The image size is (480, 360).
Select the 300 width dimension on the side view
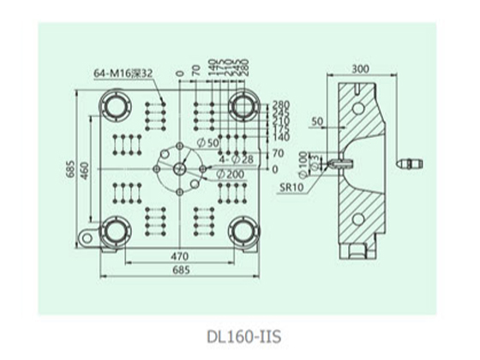tap(361, 67)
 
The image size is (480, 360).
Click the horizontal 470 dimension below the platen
tap(178, 256)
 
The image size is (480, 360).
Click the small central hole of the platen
tap(178, 168)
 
